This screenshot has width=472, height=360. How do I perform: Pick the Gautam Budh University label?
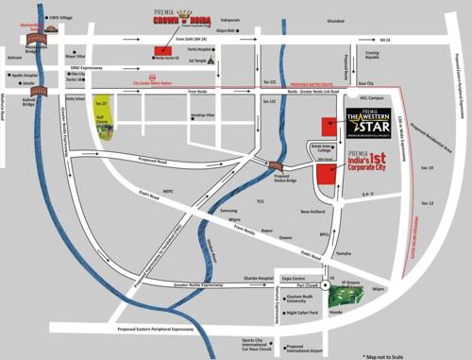point(303,298)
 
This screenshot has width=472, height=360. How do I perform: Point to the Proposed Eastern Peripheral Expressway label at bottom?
point(155,330)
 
